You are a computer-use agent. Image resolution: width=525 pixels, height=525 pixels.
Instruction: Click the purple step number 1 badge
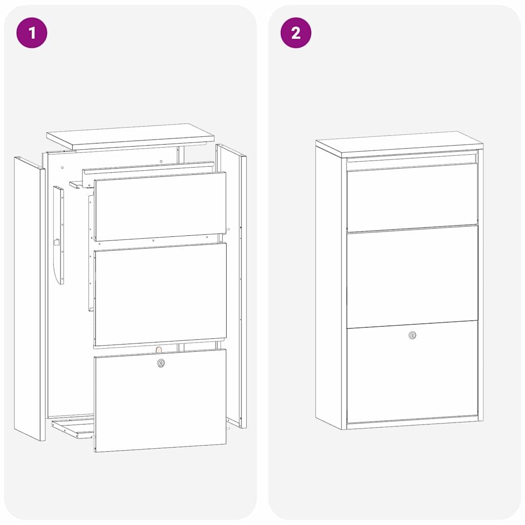click(32, 33)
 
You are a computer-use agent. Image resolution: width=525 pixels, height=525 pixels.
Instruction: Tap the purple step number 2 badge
click(296, 33)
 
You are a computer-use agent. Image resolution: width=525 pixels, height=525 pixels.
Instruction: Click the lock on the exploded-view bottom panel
click(161, 362)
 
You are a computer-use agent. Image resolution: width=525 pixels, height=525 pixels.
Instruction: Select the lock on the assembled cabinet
click(413, 335)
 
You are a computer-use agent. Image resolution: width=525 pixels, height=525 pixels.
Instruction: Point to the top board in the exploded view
click(130, 136)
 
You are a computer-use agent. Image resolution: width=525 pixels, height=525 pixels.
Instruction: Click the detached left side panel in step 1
click(29, 299)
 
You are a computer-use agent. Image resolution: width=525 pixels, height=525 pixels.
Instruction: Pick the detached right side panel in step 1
click(231, 286)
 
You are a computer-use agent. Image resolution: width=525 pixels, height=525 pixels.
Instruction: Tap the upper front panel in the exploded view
click(160, 206)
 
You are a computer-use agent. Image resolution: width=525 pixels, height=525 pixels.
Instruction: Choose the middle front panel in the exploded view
click(160, 294)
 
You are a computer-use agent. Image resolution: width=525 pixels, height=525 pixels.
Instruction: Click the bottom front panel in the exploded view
click(160, 400)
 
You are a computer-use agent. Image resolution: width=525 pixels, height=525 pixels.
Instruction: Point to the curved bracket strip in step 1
click(59, 235)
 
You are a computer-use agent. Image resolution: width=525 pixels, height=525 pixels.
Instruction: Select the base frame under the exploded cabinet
click(73, 429)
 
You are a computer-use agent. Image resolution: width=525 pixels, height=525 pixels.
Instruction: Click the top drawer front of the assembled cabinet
click(412, 197)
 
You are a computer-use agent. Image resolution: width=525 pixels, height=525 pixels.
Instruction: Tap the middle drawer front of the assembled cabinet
click(412, 276)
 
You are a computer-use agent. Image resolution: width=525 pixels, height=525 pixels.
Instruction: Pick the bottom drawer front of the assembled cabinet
click(412, 372)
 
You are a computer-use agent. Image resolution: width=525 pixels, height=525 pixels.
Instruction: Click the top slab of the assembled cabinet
click(399, 144)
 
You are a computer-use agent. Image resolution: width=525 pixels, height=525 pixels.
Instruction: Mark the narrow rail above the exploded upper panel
click(148, 170)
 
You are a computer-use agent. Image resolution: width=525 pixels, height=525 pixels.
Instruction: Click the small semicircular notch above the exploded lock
click(159, 350)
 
